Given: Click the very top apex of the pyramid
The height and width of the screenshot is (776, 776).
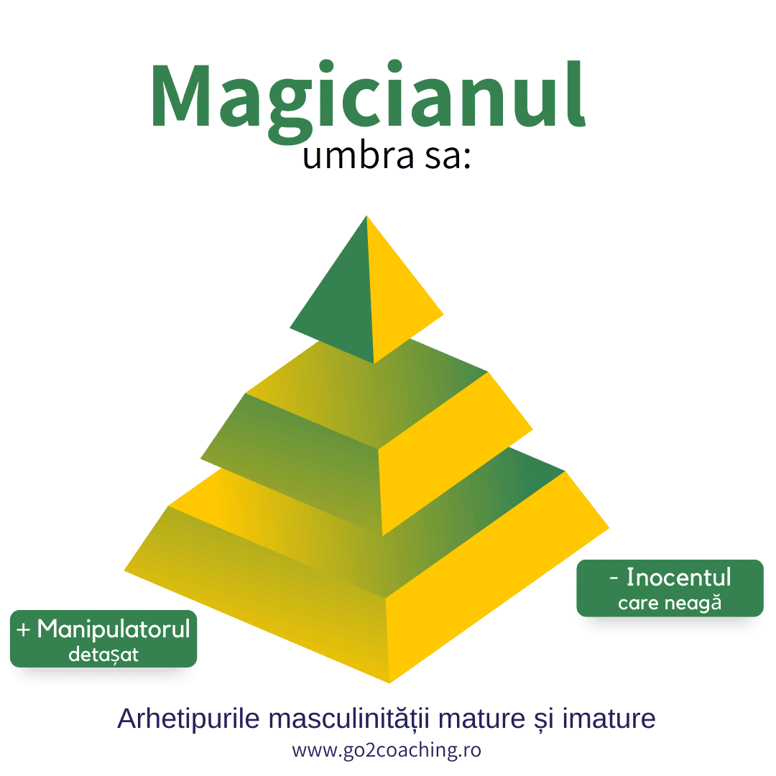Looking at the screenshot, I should point(366,216).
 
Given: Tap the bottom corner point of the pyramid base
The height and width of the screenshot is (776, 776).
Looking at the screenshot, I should point(389,682).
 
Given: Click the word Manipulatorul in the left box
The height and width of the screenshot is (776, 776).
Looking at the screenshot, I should point(113,629).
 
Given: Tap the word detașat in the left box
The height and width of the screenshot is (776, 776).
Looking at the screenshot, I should point(103,655).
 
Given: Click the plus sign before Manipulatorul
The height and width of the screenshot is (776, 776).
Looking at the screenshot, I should point(23,630).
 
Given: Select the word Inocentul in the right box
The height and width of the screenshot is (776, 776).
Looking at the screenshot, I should point(678,577).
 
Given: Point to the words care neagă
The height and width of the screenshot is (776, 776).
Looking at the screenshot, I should point(669,603).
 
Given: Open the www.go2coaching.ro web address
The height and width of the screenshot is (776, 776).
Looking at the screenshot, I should point(387,750).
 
